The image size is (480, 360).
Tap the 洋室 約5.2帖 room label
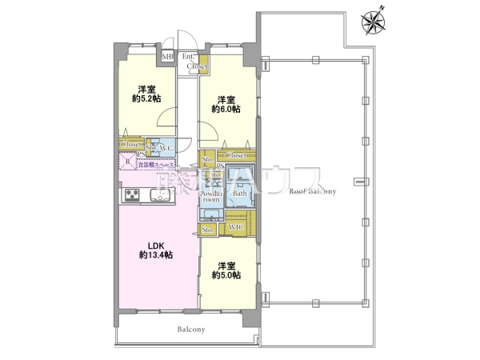pos(145,94)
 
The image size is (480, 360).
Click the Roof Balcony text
pos(312,191)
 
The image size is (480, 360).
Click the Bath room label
pos(239,194)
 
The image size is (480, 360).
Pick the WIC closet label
pos(236,229)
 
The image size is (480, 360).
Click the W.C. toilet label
pos(166,148)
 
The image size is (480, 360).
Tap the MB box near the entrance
pos(167,57)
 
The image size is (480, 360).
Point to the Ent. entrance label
pos(188,56)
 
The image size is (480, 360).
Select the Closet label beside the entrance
pos(197,66)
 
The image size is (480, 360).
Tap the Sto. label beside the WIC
pos(208,230)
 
